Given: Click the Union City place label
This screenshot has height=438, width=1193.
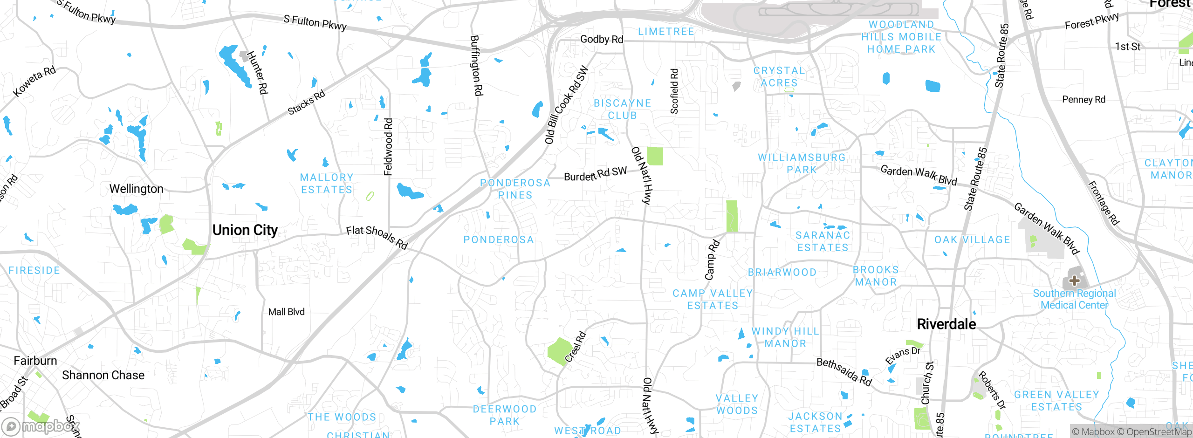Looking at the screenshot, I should pyautogui.click(x=245, y=230).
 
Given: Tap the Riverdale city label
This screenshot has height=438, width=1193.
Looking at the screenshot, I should pyautogui.click(x=946, y=324).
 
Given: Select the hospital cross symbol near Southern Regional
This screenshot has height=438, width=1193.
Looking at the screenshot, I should pyautogui.click(x=1074, y=281).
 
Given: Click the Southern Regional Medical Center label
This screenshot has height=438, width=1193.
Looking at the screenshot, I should pyautogui.click(x=1074, y=299).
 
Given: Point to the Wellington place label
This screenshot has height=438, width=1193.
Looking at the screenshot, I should pyautogui.click(x=136, y=189).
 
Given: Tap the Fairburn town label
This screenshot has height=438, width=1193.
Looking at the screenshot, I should pyautogui.click(x=35, y=361).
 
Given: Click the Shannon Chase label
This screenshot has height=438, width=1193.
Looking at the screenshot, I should pyautogui.click(x=103, y=375).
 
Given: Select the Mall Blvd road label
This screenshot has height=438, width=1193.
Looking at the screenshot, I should pyautogui.click(x=286, y=312).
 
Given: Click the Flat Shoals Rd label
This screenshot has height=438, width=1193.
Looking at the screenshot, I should pyautogui.click(x=377, y=237).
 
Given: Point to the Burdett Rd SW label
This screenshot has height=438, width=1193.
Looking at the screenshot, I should pyautogui.click(x=595, y=174).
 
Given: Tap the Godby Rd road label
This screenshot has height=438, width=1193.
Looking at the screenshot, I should pyautogui.click(x=601, y=39).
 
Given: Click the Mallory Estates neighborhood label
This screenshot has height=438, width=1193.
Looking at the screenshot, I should pyautogui.click(x=326, y=184).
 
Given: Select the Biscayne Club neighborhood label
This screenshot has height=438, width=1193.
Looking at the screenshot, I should pyautogui.click(x=622, y=109).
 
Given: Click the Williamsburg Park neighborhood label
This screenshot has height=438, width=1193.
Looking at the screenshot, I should pyautogui.click(x=802, y=164).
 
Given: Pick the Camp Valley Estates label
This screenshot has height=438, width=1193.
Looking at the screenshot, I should pyautogui.click(x=713, y=299).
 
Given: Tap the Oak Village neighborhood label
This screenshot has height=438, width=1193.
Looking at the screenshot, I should pyautogui.click(x=972, y=240).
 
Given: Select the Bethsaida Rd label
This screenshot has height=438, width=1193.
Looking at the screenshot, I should pyautogui.click(x=844, y=372).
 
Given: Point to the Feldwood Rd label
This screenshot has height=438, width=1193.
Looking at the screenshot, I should pyautogui.click(x=388, y=147).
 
